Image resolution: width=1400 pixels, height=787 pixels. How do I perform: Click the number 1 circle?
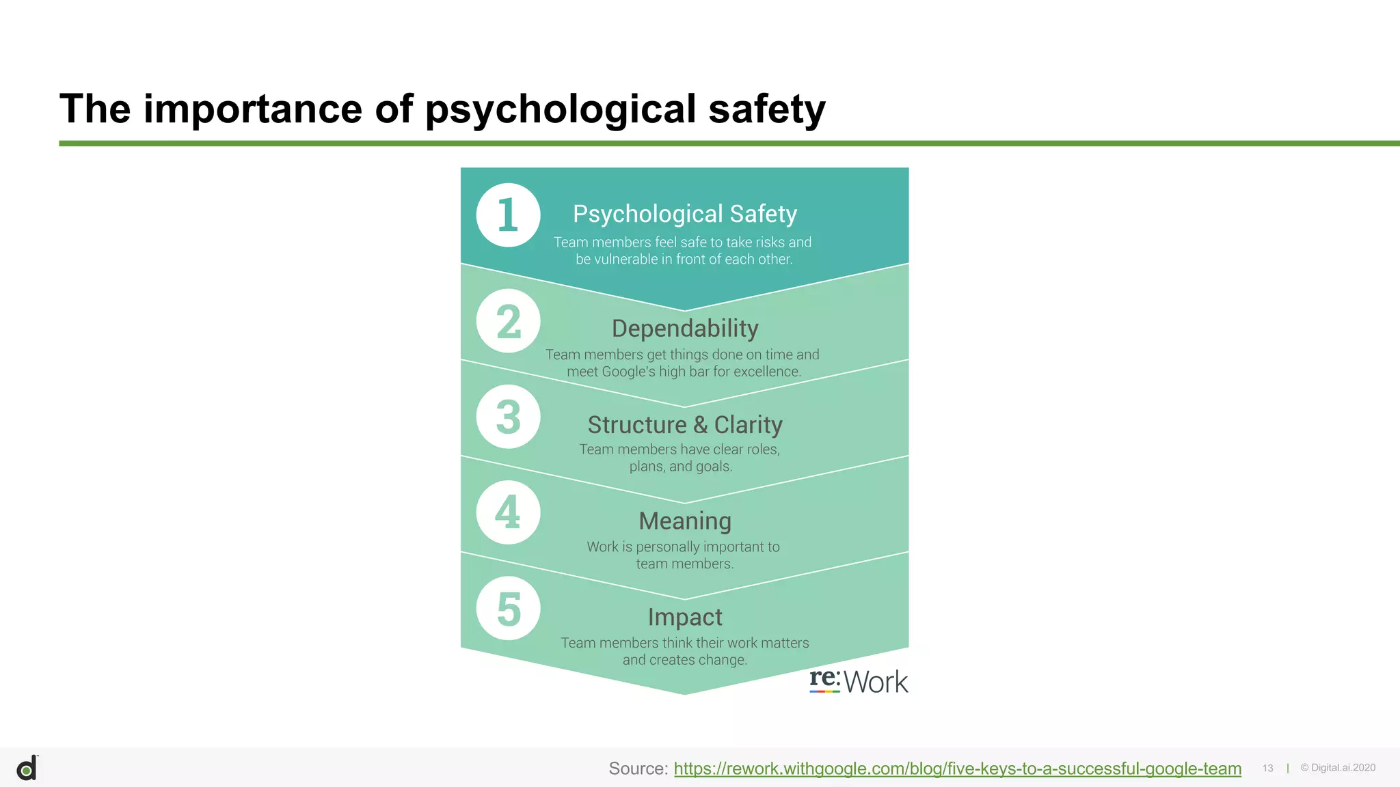click(x=508, y=215)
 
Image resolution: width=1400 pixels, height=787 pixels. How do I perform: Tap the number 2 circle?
click(x=508, y=321)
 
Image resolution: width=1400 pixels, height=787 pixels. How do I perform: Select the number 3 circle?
click(x=508, y=417)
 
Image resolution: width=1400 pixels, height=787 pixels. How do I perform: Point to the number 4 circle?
click(x=508, y=512)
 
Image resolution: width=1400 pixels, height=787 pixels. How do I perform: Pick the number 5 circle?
click(x=508, y=609)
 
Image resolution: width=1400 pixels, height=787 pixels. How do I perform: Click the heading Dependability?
click(x=685, y=329)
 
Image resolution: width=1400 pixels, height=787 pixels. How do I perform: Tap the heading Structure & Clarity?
click(x=685, y=425)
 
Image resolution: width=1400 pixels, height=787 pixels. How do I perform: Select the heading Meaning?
click(x=685, y=521)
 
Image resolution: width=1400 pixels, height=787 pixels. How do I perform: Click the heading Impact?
click(x=685, y=618)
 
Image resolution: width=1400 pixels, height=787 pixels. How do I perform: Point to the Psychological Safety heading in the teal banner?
click(x=685, y=214)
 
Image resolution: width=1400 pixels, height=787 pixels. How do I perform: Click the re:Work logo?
click(x=859, y=681)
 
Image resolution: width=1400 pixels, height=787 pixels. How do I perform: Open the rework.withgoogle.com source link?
click(x=957, y=769)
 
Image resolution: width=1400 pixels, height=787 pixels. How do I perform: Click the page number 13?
click(x=1268, y=769)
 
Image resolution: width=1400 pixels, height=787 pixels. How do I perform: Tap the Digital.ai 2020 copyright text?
click(x=1338, y=768)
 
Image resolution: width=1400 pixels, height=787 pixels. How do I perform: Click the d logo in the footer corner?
click(x=27, y=769)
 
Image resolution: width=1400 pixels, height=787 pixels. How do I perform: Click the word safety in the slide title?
click(x=767, y=109)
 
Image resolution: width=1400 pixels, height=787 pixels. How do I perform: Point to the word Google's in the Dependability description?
click(x=628, y=372)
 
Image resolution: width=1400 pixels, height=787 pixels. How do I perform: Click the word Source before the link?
click(x=637, y=769)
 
